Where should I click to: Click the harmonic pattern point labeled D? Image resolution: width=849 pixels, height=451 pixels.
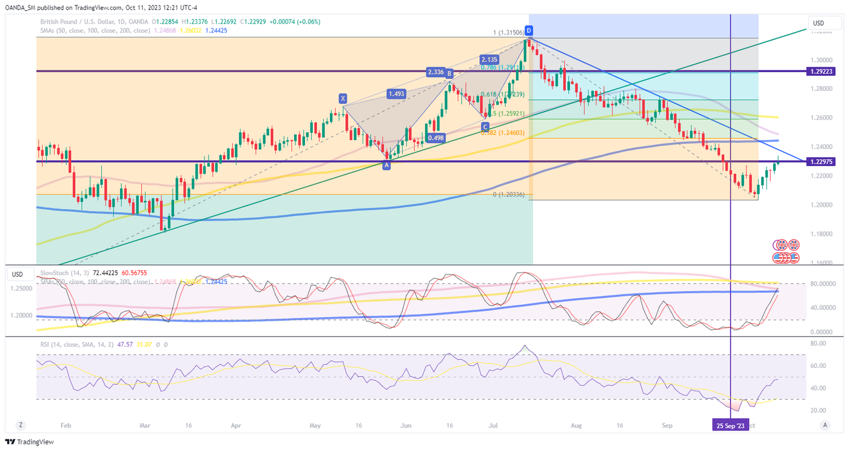[x=529, y=30]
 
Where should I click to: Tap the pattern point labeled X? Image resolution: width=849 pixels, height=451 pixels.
[x=343, y=98]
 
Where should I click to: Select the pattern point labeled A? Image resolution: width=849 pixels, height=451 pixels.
[x=386, y=165]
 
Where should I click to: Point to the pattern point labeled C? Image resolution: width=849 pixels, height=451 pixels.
[x=485, y=126]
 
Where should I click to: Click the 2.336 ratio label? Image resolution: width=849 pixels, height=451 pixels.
[x=435, y=73]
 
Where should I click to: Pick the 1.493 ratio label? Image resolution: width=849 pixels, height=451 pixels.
[x=397, y=94]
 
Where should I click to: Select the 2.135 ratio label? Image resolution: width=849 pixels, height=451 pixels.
[x=489, y=59]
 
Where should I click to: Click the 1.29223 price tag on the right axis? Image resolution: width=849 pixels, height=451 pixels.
[x=822, y=72]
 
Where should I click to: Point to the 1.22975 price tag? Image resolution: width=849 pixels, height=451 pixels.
[x=822, y=161]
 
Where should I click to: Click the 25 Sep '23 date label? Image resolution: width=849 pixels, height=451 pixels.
[x=731, y=424]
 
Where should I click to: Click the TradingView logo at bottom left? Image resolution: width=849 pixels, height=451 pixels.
[x=30, y=442]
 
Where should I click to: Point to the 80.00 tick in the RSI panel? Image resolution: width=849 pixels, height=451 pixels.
[x=819, y=344]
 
